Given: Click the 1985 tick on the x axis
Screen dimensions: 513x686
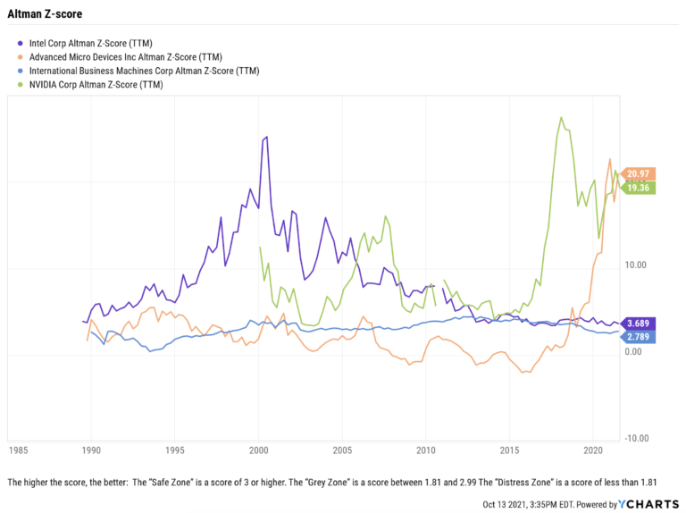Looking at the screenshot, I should tap(18, 450).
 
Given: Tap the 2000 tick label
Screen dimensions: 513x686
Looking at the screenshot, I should tap(259, 450).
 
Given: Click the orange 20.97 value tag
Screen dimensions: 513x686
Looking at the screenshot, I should tap(640, 173).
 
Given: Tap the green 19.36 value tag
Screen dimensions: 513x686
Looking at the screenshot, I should tap(640, 188).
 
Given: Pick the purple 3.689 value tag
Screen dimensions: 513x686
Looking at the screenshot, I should tap(639, 323).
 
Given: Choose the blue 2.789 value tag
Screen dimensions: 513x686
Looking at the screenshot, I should tap(639, 337).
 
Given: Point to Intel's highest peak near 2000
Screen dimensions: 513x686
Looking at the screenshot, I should tap(266, 137).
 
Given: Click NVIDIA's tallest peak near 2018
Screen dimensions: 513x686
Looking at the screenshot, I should tap(560, 117).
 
